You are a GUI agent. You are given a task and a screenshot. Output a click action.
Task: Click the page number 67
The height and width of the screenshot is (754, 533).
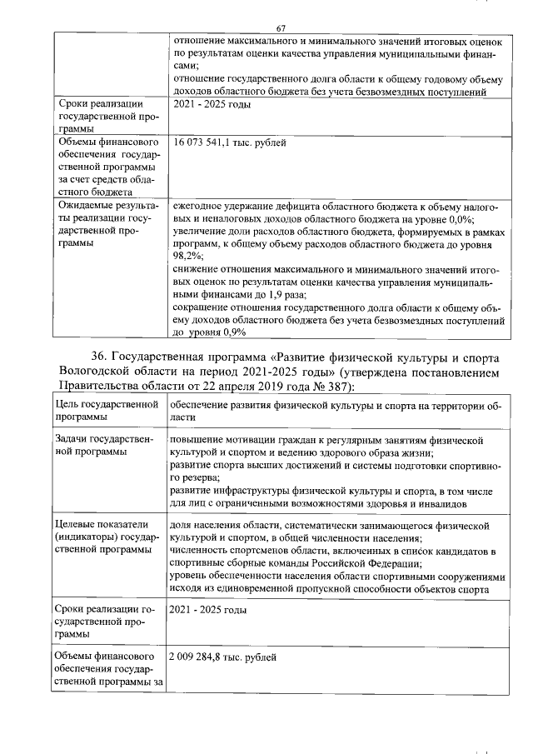[x=281, y=29]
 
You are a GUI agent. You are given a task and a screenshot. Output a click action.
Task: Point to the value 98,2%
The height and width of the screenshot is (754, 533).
[x=187, y=257]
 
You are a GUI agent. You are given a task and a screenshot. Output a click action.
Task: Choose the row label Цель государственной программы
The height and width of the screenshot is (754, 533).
[x=107, y=411]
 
